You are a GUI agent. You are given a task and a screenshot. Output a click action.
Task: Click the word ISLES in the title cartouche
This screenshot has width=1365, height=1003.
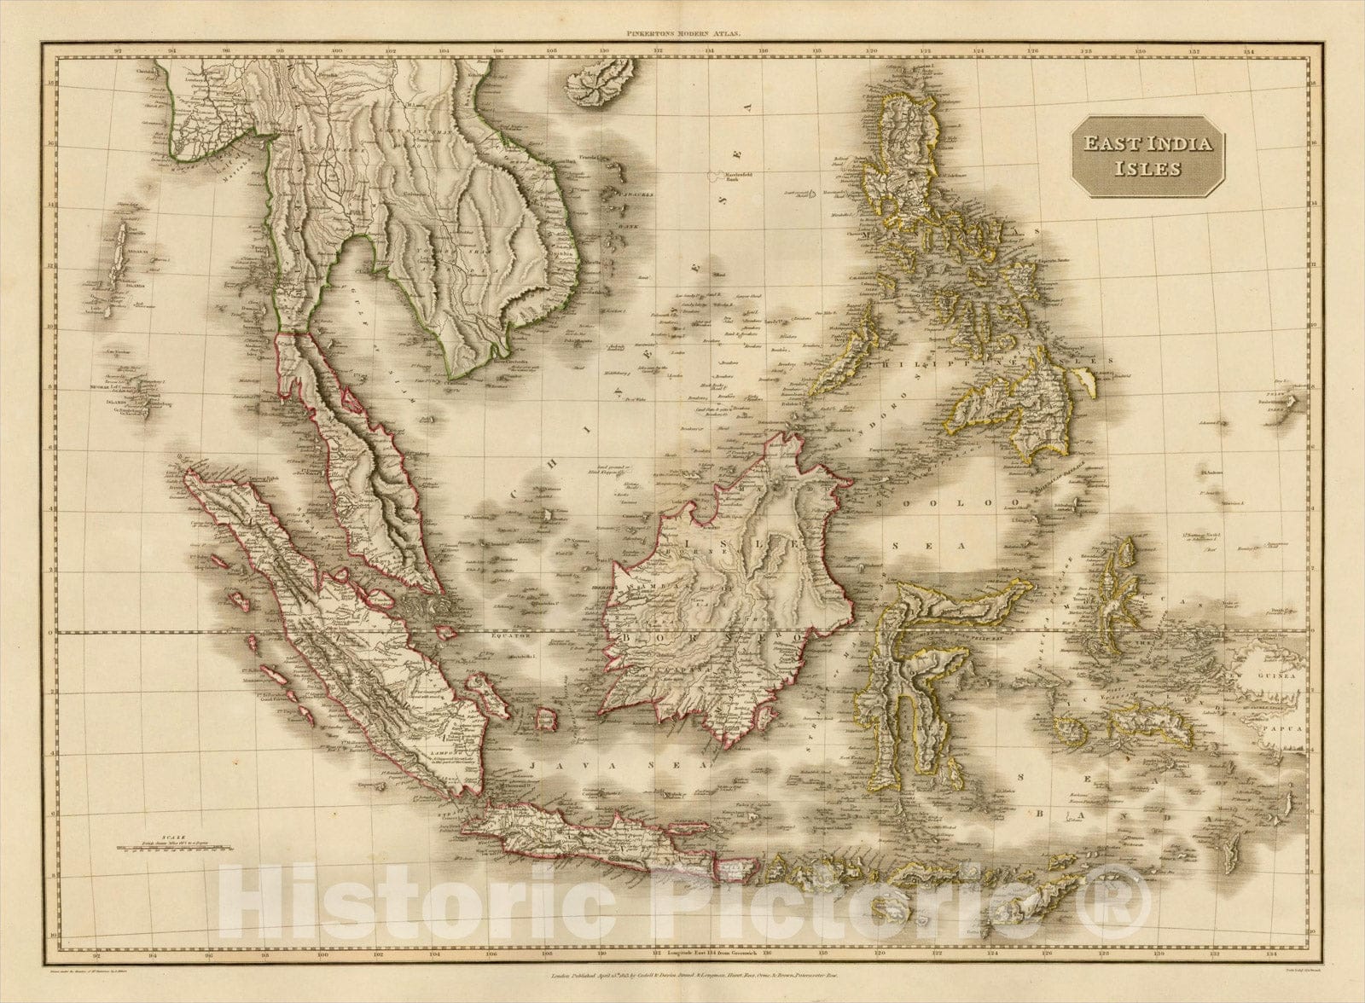tap(1158, 168)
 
